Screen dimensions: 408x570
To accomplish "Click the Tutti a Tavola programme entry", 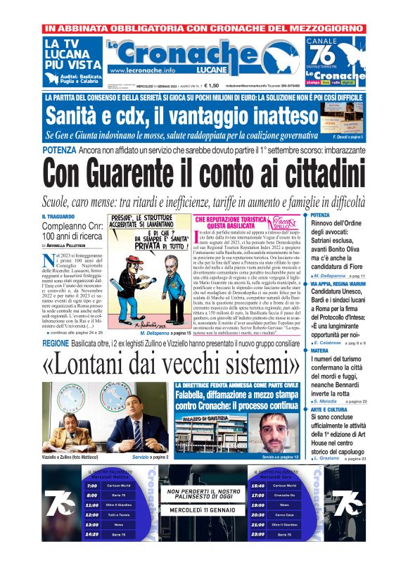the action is (118, 514).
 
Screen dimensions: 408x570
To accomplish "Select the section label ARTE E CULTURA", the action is (331, 408).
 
